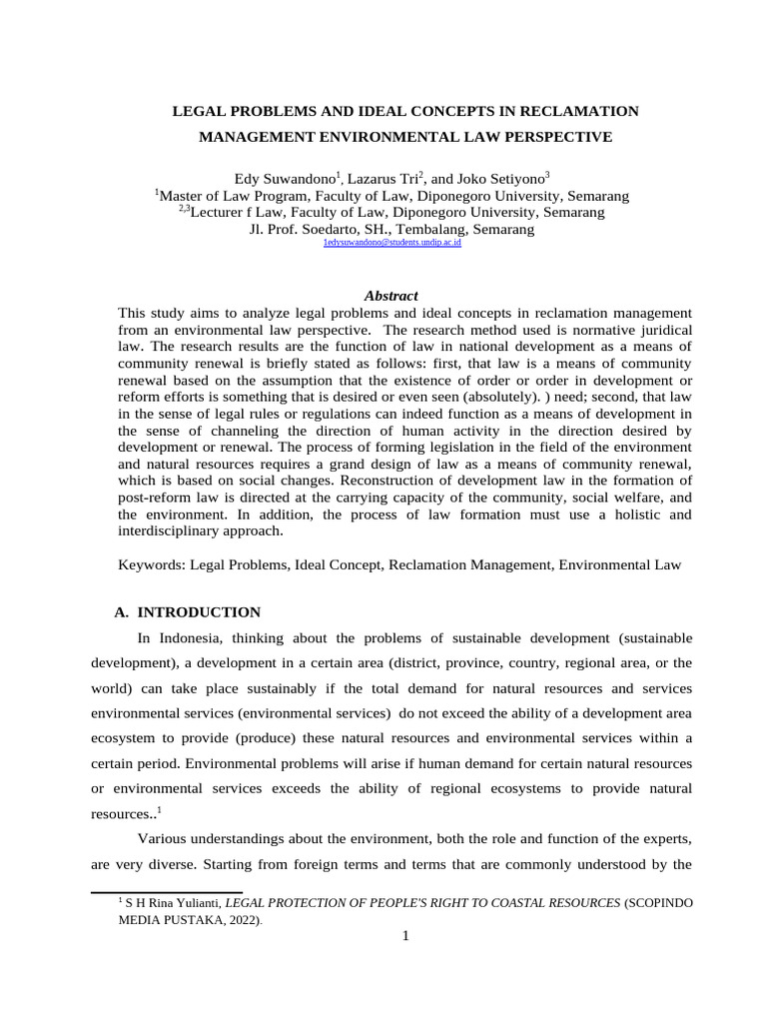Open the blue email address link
click(391, 243)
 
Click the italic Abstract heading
click(390, 296)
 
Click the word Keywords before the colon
click(150, 564)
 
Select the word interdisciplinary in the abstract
click(173, 530)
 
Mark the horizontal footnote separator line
click(167, 892)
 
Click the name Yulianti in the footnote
click(195, 903)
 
